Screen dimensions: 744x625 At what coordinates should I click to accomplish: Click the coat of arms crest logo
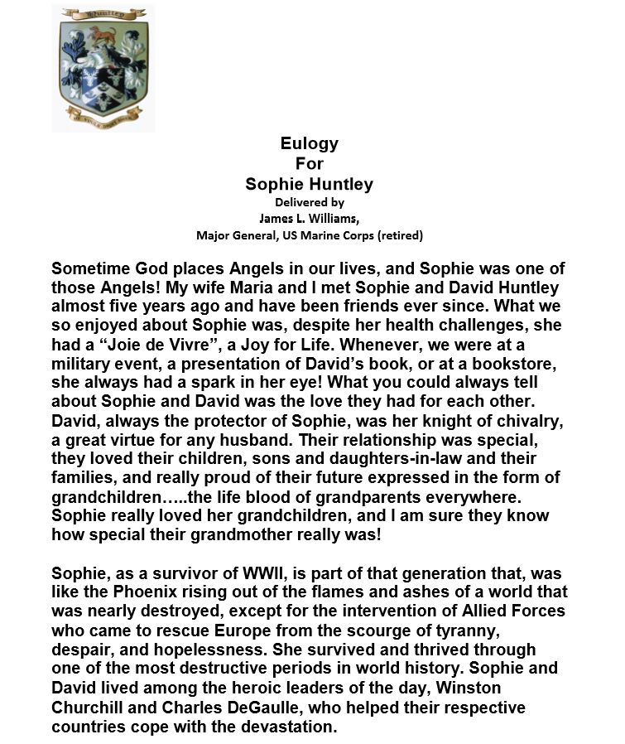pyautogui.click(x=103, y=67)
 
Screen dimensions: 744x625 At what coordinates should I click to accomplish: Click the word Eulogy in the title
pyautogui.click(x=310, y=143)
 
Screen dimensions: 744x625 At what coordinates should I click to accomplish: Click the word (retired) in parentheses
pyautogui.click(x=394, y=235)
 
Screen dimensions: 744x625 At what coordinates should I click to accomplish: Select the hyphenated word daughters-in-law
pyautogui.click(x=371, y=459)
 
